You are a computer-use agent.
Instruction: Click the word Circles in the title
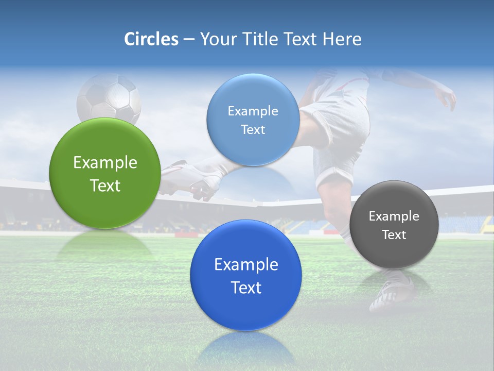coord(151,39)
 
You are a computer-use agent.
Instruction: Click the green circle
coord(105,174)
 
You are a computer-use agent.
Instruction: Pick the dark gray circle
coord(394,225)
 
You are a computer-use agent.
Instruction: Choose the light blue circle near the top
coord(253,120)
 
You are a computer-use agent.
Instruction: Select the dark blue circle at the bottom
coord(246,275)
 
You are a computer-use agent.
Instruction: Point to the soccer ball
coord(109,99)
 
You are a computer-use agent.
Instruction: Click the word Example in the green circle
coord(105,163)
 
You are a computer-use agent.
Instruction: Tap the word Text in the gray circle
coord(394,235)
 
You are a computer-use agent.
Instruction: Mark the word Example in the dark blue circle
coord(246,265)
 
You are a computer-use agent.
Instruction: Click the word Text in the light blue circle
coord(253,130)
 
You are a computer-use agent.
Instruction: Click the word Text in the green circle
coord(105,185)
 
